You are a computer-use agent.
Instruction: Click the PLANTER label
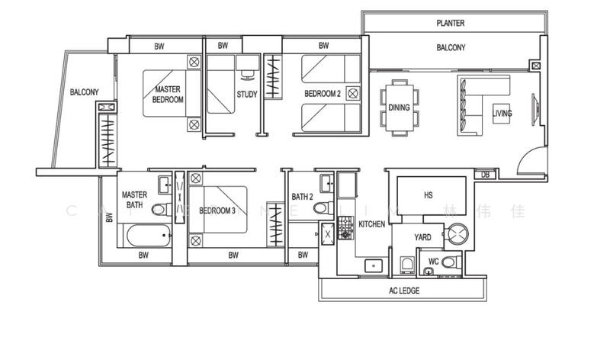point(451,24)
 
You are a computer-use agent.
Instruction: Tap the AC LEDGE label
point(404,291)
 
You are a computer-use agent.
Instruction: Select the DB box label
point(485,175)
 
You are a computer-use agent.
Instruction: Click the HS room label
point(428,195)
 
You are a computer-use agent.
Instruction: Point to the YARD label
point(422,237)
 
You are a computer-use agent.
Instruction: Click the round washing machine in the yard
point(459,236)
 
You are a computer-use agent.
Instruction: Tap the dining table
point(399,108)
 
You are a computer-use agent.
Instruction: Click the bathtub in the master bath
point(144,236)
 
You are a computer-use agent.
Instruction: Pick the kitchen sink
point(374,266)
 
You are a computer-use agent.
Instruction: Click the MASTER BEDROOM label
point(168,94)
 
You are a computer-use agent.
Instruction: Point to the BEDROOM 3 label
point(217,211)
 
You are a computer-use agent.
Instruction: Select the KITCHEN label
point(371,224)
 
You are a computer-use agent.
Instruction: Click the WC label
point(432,262)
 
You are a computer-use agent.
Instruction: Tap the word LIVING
point(502,114)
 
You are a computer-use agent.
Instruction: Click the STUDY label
point(246,95)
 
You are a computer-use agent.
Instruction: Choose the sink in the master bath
point(163,184)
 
